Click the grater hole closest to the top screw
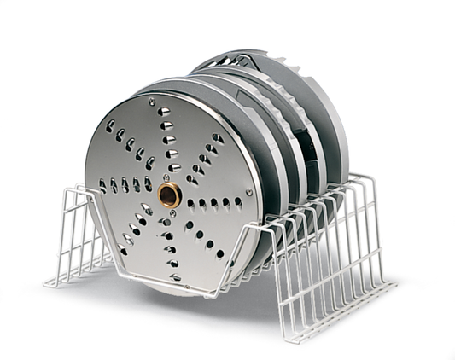pos(162,112)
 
